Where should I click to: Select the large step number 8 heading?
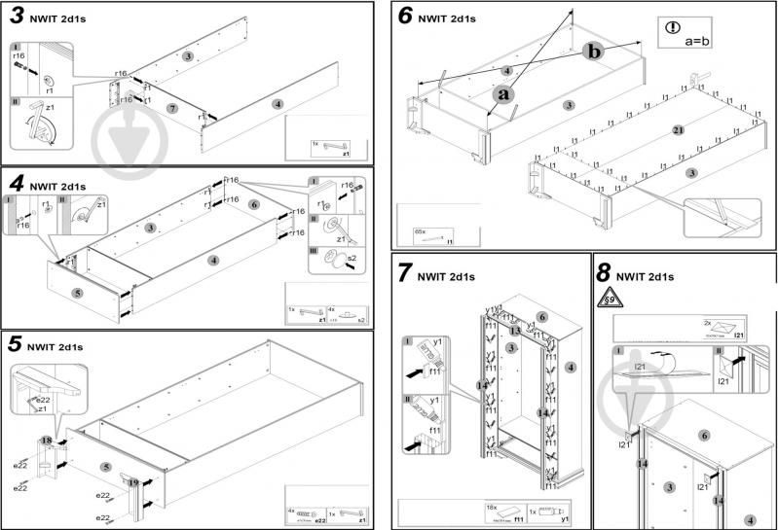(x=604, y=274)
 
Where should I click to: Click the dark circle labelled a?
(x=502, y=94)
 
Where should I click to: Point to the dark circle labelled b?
(x=594, y=51)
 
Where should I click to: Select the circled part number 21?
(x=678, y=130)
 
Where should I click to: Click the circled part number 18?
(x=47, y=441)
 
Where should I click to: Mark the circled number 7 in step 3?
(x=171, y=107)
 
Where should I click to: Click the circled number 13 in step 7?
(x=514, y=331)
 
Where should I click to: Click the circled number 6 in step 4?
(x=252, y=205)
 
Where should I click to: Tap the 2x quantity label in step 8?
(x=705, y=321)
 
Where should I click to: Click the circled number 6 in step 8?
(x=704, y=436)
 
